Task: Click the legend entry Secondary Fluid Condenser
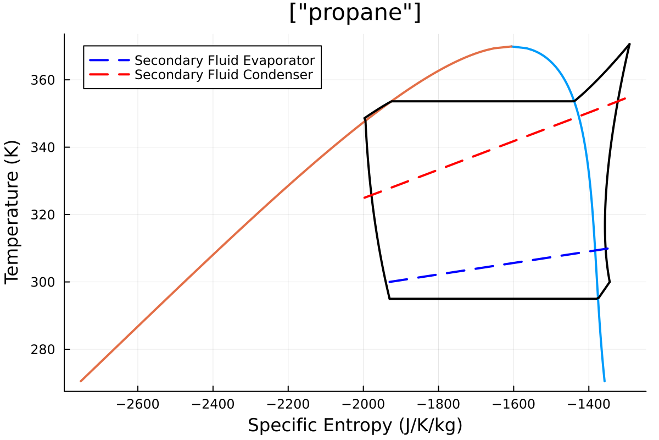point(224,74)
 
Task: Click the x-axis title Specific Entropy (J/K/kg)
point(355,426)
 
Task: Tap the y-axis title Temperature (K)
point(12,212)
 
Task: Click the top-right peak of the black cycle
point(629,44)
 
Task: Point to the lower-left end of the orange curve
point(81,381)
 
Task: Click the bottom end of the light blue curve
point(605,381)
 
